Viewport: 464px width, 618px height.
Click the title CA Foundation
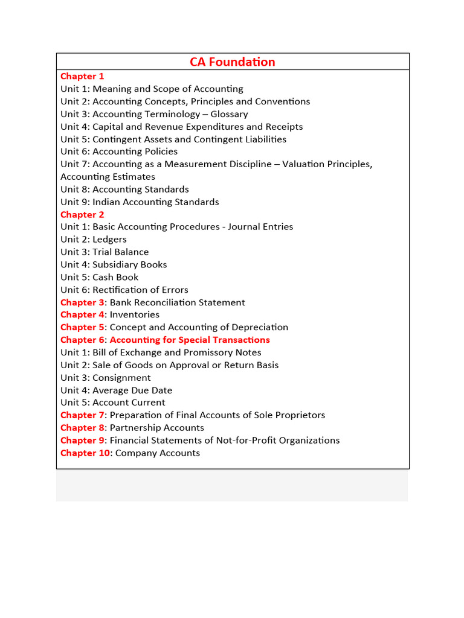(x=233, y=62)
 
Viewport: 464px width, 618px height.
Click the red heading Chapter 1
(x=82, y=76)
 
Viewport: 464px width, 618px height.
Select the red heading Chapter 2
(x=82, y=214)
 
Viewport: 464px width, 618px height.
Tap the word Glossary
(x=229, y=114)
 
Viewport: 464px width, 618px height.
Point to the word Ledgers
(x=109, y=240)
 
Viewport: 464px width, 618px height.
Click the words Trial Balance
(x=120, y=252)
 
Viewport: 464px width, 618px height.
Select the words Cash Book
(x=115, y=277)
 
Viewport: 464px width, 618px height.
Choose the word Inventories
(x=135, y=314)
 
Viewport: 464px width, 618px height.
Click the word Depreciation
(x=258, y=327)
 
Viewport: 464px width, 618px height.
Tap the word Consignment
(x=121, y=378)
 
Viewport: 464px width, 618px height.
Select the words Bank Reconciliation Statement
(x=178, y=302)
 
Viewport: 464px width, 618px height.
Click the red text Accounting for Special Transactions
(x=190, y=340)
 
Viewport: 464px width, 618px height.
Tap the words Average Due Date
(x=132, y=390)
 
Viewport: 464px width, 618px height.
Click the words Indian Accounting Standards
(x=156, y=202)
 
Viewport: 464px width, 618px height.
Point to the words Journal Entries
(x=260, y=227)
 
